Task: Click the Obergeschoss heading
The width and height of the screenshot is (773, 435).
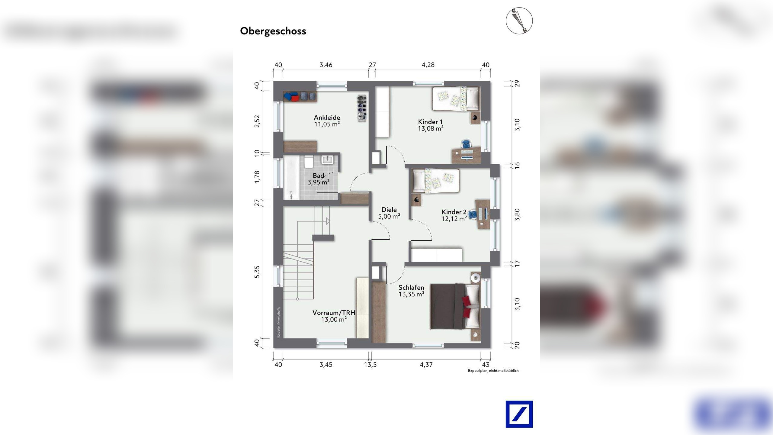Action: [x=273, y=31]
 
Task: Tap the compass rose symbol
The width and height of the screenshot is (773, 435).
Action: [x=519, y=21]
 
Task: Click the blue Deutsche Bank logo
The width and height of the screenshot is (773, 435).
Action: [x=519, y=414]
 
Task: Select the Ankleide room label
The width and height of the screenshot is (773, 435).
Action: [x=327, y=118]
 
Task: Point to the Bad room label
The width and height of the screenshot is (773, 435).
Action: [x=319, y=176]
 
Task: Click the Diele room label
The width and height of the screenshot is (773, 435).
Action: [x=389, y=210]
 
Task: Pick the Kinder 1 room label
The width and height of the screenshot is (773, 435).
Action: [x=430, y=122]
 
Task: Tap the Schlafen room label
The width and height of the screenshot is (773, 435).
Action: [x=411, y=288]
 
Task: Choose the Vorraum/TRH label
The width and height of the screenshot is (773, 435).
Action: [x=334, y=313]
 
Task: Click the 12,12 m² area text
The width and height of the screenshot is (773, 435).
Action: [x=454, y=219]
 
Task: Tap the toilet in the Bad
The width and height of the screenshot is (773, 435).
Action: [x=309, y=162]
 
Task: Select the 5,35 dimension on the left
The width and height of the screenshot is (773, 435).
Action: [x=257, y=272]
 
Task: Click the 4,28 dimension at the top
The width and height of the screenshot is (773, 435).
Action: [x=428, y=65]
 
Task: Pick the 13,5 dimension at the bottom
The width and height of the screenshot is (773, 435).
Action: [x=370, y=365]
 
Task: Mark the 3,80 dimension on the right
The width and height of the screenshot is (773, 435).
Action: [x=517, y=215]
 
